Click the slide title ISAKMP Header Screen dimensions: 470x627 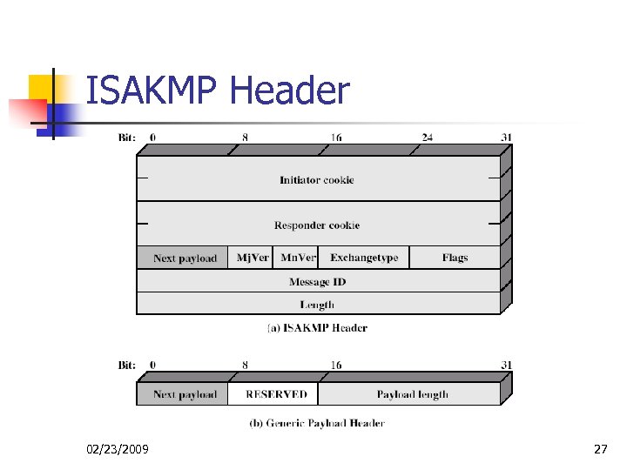pos(218,91)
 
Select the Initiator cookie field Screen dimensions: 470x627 pos(316,179)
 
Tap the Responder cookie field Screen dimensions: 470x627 pos(316,225)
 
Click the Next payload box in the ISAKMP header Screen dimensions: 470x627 pos(185,258)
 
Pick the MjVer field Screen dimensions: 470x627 pos(253,258)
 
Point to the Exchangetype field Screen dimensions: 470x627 pos(364,258)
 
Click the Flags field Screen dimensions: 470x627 pos(455,258)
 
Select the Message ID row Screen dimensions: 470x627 pos(317,281)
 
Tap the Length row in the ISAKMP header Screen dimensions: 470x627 pos(317,304)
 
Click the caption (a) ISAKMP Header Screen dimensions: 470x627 pos(316,328)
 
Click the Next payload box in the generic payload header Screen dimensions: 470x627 pos(185,394)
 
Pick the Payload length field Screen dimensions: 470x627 pos(412,394)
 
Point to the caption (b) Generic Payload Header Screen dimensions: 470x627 pos(316,423)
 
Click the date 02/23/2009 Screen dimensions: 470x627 pos(118,449)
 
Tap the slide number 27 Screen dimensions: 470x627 pos(600,449)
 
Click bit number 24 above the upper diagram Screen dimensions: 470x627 pos(428,137)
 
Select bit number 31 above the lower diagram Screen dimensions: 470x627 pos(506,365)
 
